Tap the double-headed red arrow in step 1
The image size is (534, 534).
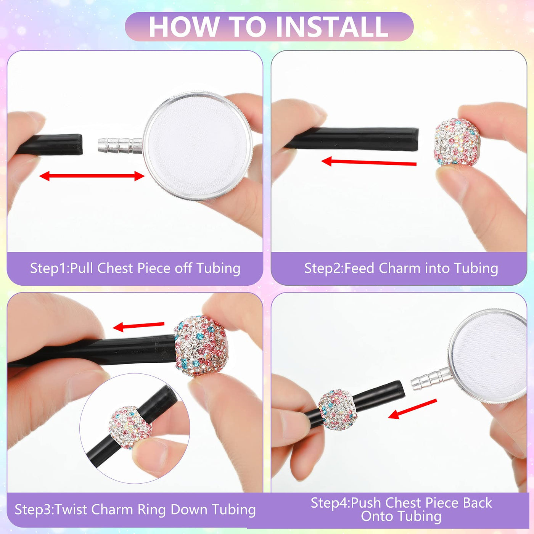pos(92,176)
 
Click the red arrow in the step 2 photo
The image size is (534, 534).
pos(369,162)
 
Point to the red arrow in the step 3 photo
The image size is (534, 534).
pos(138,326)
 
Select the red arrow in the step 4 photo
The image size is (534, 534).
pos(412,409)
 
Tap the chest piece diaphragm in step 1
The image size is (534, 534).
pos(197,145)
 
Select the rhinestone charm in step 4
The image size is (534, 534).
pos(338,410)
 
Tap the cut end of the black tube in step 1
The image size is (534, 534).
pos(80,144)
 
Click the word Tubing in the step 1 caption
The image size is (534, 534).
pos(218,268)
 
